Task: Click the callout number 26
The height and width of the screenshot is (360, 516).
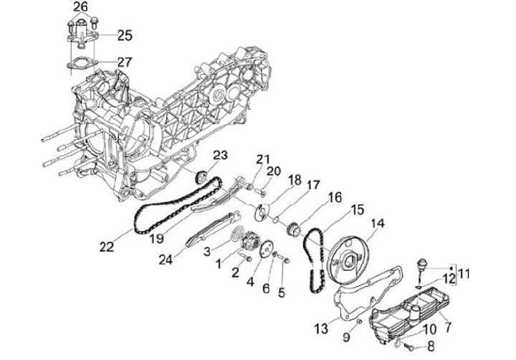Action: (81, 7)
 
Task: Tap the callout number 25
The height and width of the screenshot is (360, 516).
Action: (125, 34)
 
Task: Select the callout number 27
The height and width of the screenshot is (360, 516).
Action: (124, 62)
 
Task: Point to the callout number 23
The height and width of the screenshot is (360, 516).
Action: (219, 156)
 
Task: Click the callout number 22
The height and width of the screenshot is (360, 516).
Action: (107, 247)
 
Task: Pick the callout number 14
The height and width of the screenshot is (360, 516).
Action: (378, 223)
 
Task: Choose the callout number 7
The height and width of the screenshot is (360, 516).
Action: (449, 326)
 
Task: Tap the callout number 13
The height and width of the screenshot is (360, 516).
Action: (322, 327)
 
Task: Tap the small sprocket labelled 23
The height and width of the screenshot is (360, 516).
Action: (201, 176)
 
